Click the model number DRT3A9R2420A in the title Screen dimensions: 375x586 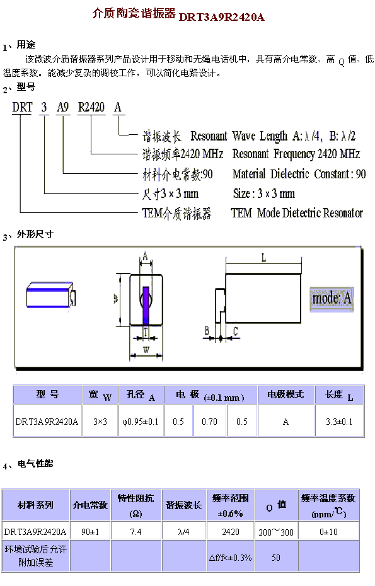tap(222, 17)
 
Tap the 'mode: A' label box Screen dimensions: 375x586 tap(332, 299)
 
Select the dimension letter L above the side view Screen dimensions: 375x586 tap(264, 258)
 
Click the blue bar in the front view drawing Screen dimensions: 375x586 tap(146, 306)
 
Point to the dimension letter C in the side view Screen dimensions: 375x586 tap(236, 331)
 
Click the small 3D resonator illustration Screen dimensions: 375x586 tap(51, 295)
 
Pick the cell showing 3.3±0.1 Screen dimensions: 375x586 tap(339, 422)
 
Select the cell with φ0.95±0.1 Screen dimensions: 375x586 tap(141, 422)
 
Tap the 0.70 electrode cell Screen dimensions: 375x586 tap(209, 422)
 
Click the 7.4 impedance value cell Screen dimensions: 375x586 tap(136, 531)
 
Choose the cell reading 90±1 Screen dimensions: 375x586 tap(90, 531)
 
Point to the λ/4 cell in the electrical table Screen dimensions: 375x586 tap(183, 531)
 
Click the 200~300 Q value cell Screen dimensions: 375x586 tap(276, 532)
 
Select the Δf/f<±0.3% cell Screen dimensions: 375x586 tap(230, 558)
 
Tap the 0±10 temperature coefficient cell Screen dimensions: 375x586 tap(328, 531)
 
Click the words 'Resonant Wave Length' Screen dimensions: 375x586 tap(239, 136)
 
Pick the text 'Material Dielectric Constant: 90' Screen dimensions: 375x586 tap(299, 174)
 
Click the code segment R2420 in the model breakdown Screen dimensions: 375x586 tap(91, 107)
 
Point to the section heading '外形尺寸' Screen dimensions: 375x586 tap(35, 234)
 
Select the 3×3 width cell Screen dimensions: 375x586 tap(100, 422)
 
